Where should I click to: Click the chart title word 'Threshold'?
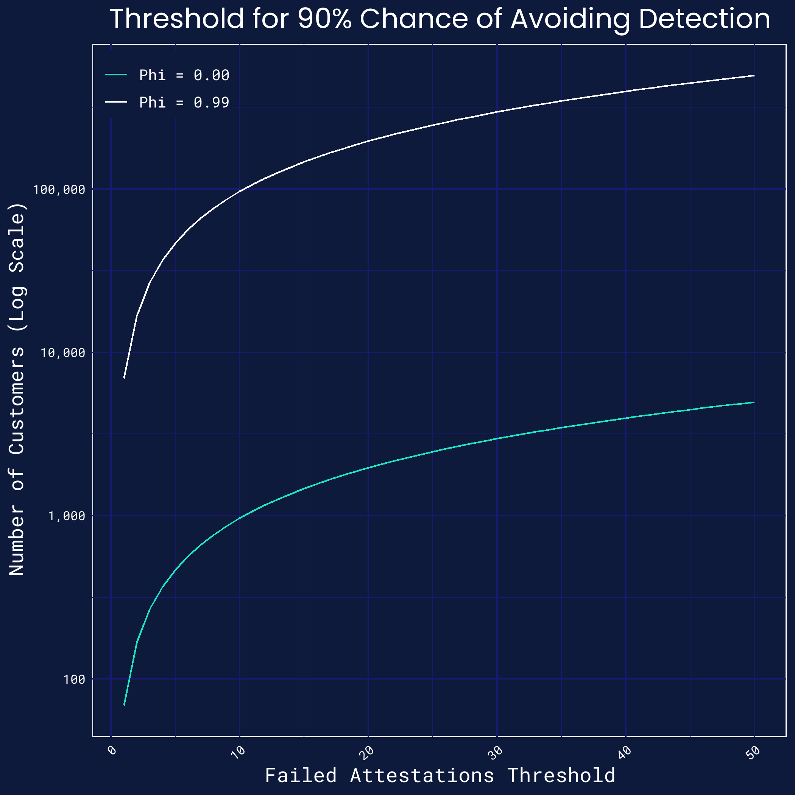tap(177, 19)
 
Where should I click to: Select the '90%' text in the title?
tap(325, 19)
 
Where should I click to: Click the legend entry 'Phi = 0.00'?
tap(184, 75)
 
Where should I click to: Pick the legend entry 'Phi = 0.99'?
tap(184, 103)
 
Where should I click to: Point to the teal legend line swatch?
tap(117, 75)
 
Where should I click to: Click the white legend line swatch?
tap(117, 101)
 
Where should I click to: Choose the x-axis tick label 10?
tap(238, 751)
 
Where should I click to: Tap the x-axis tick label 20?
tap(366, 751)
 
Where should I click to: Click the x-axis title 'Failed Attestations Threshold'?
tap(440, 776)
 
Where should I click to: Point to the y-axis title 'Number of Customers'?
tap(17, 453)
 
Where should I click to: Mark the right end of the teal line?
tap(753, 402)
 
